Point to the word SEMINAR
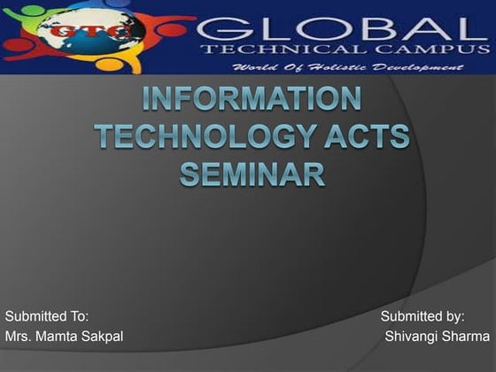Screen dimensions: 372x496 tap(252, 172)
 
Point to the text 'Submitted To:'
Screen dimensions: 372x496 tap(47, 316)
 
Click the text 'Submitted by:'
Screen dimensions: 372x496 tap(423, 316)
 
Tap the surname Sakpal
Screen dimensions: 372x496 tap(102, 337)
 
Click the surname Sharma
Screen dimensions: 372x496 tap(466, 337)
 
